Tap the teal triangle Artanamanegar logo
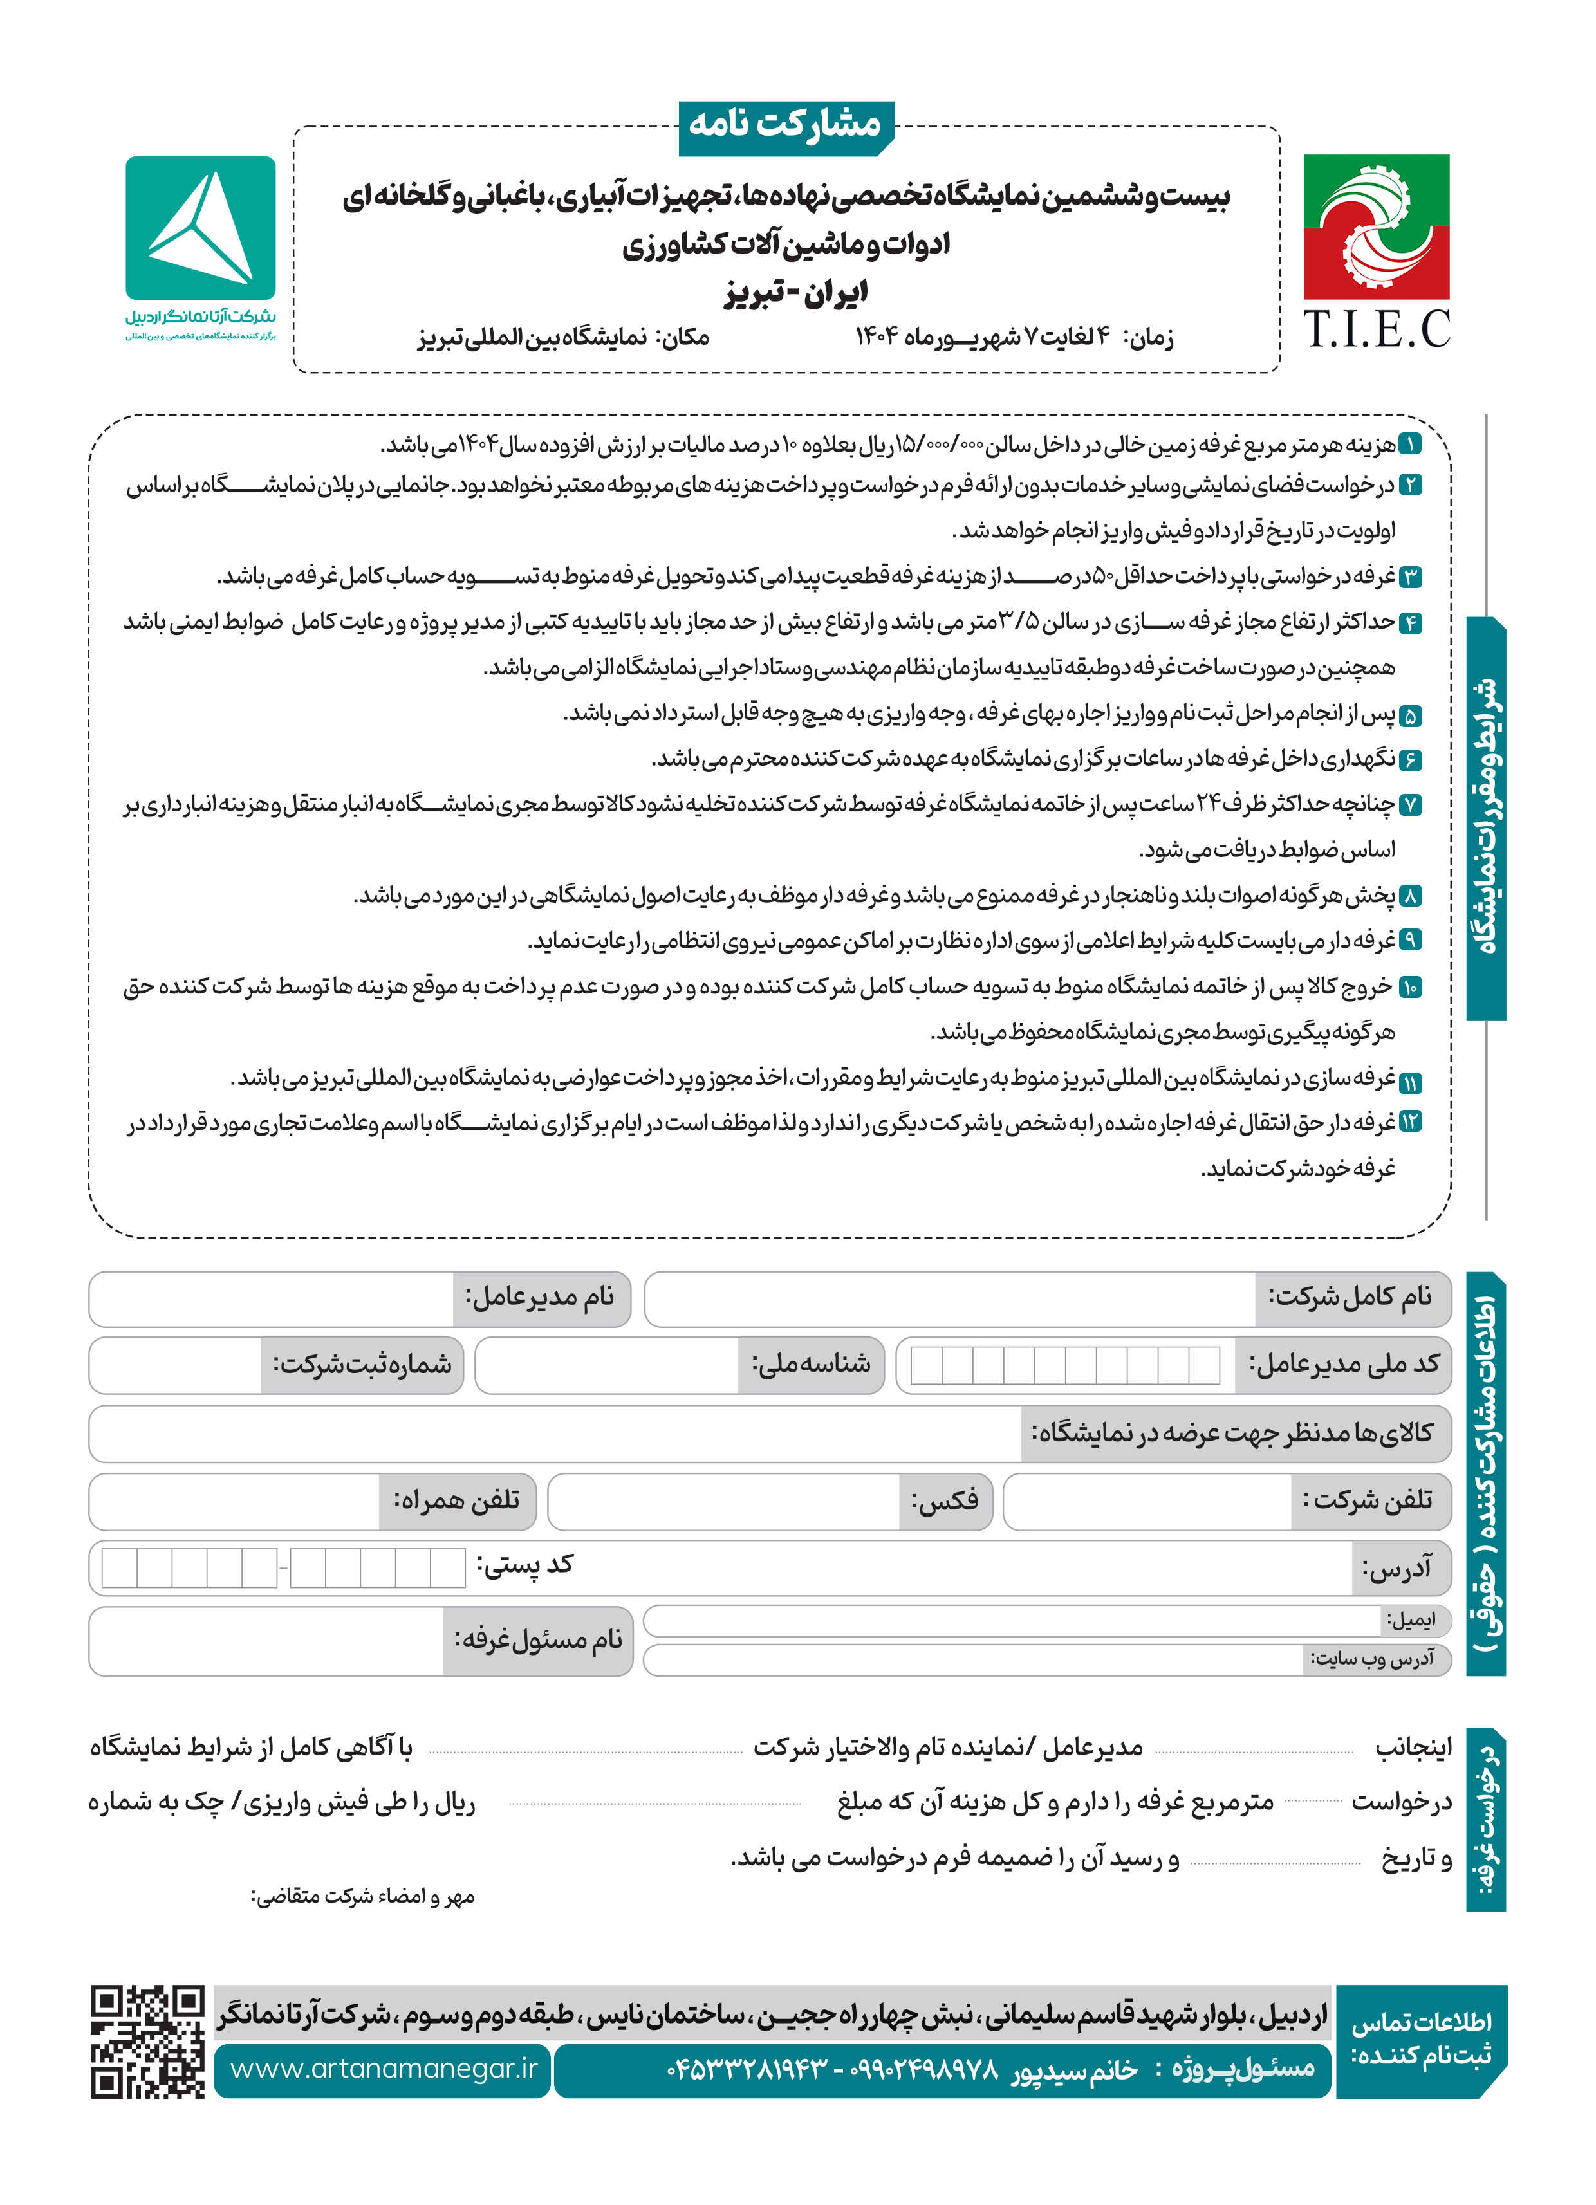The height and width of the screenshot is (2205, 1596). (200, 228)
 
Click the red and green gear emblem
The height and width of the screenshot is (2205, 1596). (1375, 226)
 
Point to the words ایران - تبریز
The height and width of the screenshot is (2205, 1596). (795, 293)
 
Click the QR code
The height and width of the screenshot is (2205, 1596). (148, 2041)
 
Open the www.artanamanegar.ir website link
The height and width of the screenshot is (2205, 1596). (383, 2068)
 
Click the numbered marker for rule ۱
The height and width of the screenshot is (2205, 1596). (1409, 445)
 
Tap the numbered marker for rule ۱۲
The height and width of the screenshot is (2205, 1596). (1409, 1122)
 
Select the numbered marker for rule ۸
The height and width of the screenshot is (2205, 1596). (1409, 896)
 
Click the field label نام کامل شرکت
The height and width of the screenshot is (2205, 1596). (1350, 1297)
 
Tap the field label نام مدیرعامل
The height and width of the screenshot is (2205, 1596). (540, 1297)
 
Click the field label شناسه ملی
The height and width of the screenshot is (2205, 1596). (810, 1364)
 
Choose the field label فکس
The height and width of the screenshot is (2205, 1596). (944, 1500)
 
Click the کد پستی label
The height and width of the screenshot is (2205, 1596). (524, 1564)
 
